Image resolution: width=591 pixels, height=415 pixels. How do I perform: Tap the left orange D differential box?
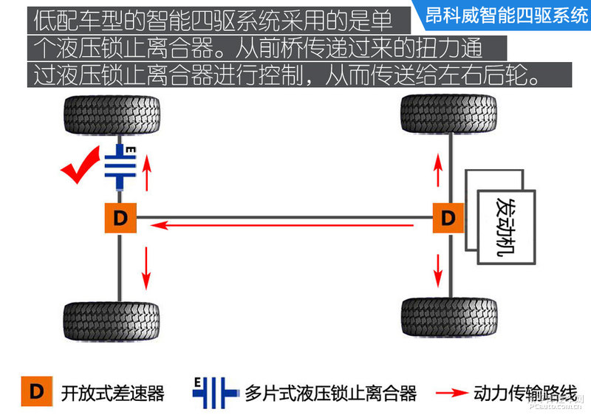[120, 218]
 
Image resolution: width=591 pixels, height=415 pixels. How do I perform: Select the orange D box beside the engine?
[448, 218]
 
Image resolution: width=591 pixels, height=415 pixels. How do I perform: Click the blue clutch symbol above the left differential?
[120, 166]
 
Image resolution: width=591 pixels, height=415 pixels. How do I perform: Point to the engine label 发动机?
[506, 227]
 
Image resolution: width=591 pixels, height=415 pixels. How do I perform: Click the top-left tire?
[112, 115]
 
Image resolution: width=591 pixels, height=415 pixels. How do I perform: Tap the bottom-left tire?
[112, 321]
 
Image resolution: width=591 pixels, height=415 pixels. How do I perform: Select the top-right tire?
[448, 114]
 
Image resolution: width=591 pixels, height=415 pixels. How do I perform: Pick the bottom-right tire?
[449, 317]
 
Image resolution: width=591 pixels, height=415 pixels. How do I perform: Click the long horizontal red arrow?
[281, 225]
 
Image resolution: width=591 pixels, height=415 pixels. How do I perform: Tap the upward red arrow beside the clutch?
[146, 174]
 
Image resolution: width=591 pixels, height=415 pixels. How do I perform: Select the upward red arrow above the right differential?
[437, 169]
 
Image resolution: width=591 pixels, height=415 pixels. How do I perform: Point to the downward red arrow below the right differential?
[437, 271]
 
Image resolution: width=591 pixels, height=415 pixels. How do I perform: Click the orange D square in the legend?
[36, 391]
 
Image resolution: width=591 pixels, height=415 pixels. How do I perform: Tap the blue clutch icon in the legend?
[215, 393]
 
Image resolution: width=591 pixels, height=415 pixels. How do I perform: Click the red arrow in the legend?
[452, 393]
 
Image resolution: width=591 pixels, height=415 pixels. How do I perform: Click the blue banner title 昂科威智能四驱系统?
[506, 16]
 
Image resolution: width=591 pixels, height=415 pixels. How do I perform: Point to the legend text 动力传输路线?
[525, 393]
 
